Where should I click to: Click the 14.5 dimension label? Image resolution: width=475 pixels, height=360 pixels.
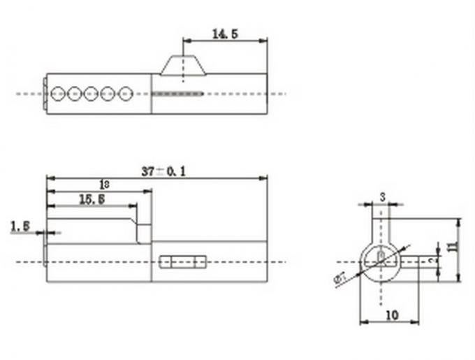coord(225,33)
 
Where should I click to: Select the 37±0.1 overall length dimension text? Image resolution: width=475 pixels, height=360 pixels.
coord(162,171)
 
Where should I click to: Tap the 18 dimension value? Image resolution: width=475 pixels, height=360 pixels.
coord(104,185)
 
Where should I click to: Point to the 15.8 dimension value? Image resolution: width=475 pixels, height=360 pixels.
coord(92,200)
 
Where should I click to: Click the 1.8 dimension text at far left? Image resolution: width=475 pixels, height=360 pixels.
coord(20,225)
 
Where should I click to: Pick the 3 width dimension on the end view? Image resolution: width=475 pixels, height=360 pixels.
coord(382,196)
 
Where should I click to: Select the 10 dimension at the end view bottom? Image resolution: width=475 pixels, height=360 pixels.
coord(391,315)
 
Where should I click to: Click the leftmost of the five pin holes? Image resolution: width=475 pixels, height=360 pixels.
coord(58,93)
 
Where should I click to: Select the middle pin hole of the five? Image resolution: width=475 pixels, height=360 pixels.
coord(92,93)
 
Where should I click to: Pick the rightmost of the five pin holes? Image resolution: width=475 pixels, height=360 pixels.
coord(125,93)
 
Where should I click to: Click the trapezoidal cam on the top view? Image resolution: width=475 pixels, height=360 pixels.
coord(183,64)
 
